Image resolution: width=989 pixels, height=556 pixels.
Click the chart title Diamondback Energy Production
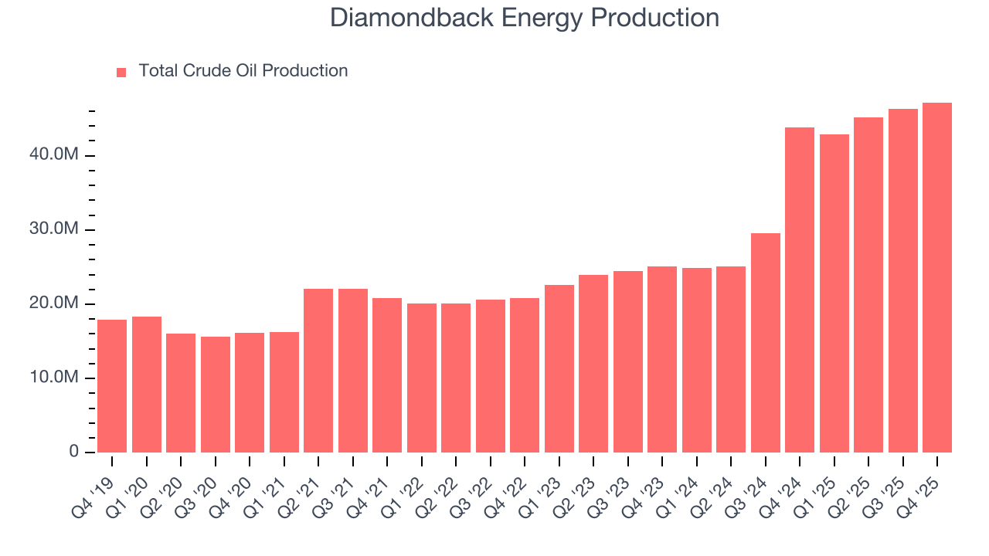[x=525, y=18]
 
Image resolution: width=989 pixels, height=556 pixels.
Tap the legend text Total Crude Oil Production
[x=243, y=71]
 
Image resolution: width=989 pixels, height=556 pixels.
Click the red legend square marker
[x=121, y=72]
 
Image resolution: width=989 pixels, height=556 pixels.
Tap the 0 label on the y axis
[x=74, y=452]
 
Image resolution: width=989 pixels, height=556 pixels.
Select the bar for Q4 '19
[x=112, y=386]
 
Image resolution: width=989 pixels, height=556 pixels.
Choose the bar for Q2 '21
[x=318, y=371]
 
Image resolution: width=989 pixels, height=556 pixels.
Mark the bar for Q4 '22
[x=525, y=375]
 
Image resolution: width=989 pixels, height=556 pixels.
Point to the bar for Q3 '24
[x=766, y=343]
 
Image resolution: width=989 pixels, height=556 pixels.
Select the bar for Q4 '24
[x=800, y=290]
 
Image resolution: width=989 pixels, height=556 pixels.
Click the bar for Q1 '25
[x=834, y=293]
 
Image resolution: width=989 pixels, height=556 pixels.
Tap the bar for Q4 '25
[x=937, y=277]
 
